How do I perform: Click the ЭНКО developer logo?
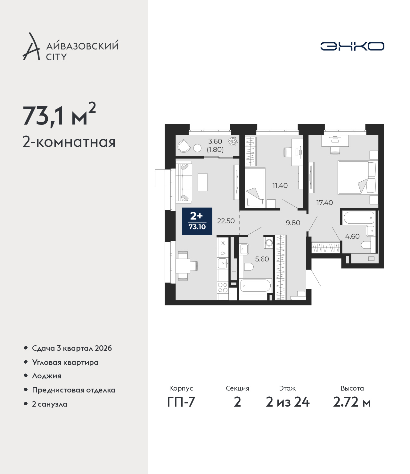click(352, 46)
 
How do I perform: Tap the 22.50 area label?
click(226, 221)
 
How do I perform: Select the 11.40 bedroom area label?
click(280, 185)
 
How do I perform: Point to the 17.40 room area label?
click(324, 203)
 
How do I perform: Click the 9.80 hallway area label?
click(293, 223)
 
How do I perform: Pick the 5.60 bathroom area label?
click(262, 259)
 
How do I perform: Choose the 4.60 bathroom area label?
click(352, 236)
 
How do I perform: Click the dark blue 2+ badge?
click(197, 221)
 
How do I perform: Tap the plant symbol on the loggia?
click(233, 141)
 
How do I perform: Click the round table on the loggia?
click(197, 148)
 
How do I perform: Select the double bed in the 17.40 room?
click(357, 177)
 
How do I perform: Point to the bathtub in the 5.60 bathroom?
click(256, 286)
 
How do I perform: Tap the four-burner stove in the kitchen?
click(223, 288)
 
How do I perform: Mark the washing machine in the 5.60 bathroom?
click(269, 243)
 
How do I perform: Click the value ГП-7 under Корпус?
click(181, 402)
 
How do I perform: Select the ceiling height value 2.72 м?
click(352, 402)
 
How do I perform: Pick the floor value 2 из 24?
click(288, 402)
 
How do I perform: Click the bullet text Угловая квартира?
click(65, 363)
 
